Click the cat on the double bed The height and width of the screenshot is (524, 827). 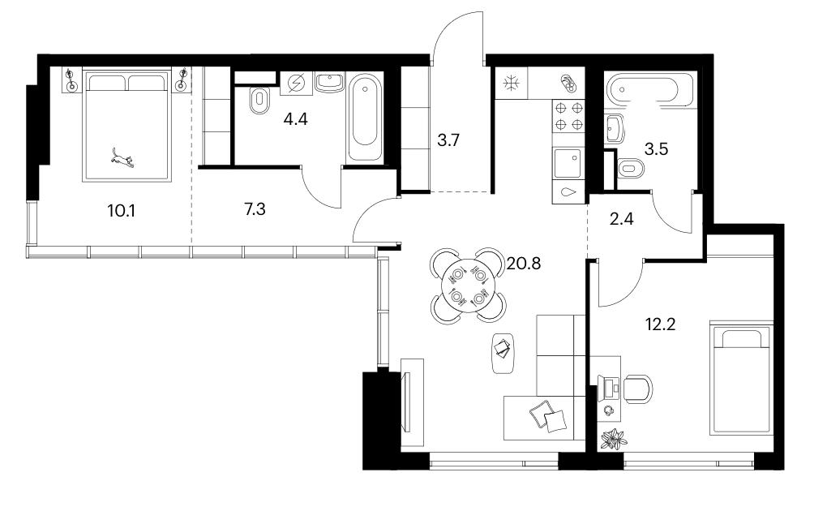tap(122, 158)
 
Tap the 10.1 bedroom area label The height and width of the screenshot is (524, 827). tap(122, 211)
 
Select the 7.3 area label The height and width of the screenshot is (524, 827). tap(255, 209)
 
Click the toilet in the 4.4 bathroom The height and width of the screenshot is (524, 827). tap(259, 101)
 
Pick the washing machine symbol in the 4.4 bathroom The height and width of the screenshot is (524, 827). tap(296, 83)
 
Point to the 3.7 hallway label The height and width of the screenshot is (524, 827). tap(448, 140)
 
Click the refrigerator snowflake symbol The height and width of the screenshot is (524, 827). tap(511, 84)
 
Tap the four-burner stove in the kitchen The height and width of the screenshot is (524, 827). tap(568, 116)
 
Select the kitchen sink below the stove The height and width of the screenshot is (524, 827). tap(568, 163)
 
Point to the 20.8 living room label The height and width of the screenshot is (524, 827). tap(524, 263)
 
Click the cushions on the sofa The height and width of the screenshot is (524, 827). tap(549, 416)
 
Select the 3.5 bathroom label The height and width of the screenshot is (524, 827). tap(657, 149)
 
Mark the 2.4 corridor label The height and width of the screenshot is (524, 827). tap(621, 218)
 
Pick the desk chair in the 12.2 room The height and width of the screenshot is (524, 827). tap(638, 389)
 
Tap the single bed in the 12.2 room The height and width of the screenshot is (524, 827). tap(741, 378)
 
